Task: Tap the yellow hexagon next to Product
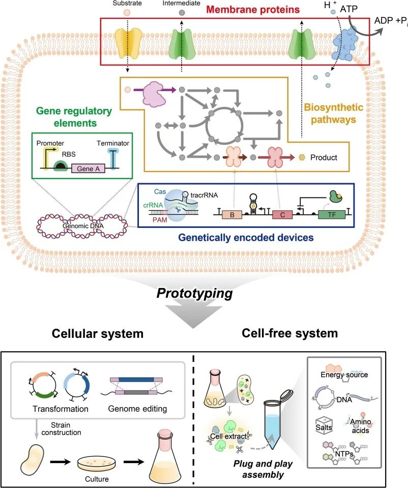(302, 157)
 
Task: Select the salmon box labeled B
(231, 214)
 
